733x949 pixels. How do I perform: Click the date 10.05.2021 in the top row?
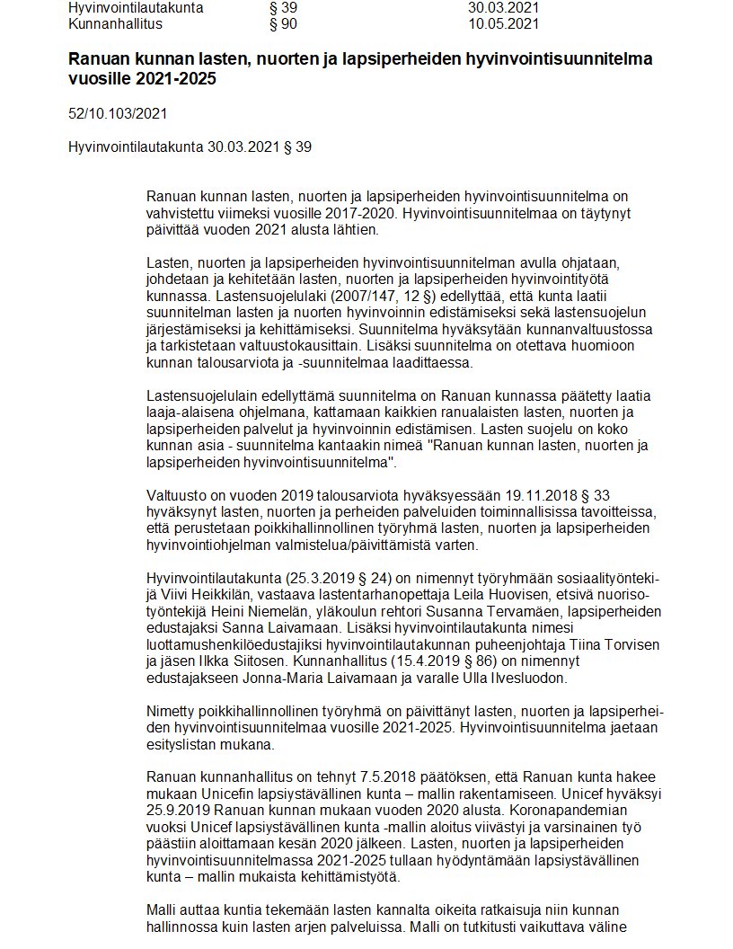pos(504,23)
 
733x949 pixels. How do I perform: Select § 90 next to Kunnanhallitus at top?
pos(283,23)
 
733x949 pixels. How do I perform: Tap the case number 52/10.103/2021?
pos(117,114)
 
